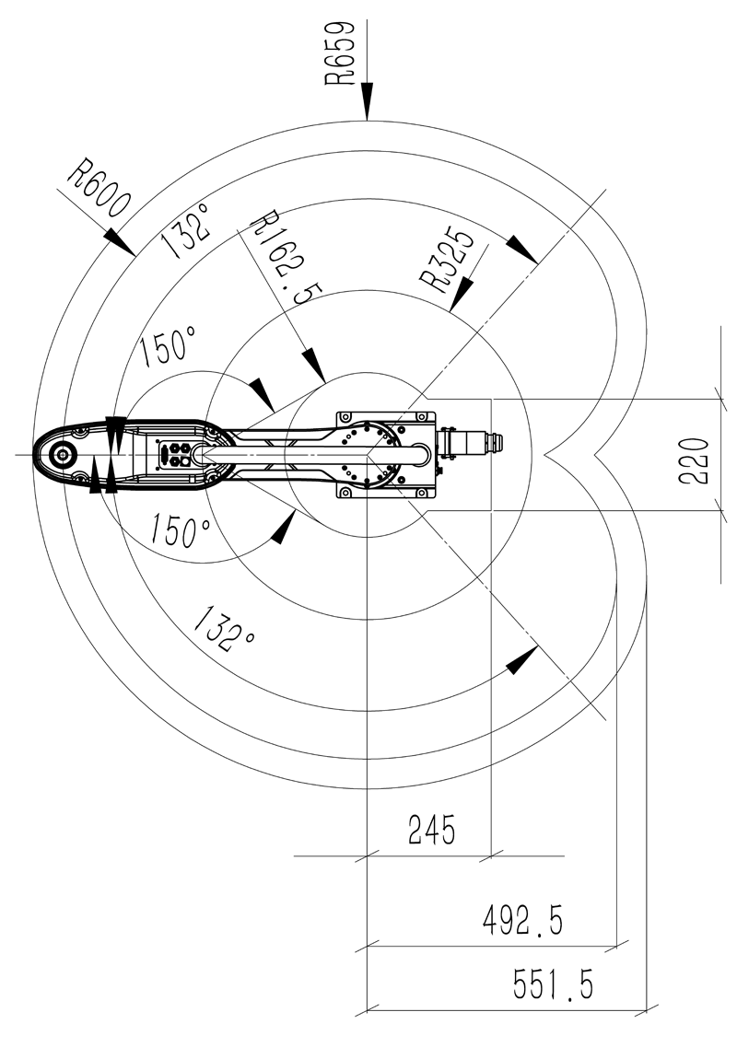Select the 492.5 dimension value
(522, 919)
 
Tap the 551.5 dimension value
(553, 984)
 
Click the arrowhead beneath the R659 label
(367, 101)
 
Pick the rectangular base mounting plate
(385, 454)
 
